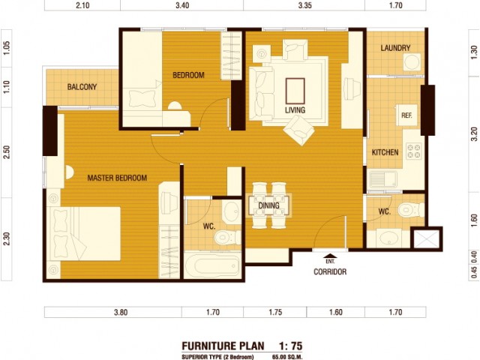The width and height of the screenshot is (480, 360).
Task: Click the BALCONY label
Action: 82,87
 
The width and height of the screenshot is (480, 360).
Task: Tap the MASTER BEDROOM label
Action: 117,178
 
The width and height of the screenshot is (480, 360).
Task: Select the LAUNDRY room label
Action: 395,48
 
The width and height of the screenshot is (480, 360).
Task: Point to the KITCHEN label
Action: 385,152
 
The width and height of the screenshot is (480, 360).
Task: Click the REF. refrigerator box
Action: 406,115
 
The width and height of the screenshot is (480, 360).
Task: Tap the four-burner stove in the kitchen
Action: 413,151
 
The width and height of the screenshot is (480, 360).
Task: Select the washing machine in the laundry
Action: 412,62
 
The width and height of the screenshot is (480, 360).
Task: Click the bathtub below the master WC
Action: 212,265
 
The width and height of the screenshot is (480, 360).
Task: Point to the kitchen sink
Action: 383,179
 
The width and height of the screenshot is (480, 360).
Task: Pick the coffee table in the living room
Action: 295,91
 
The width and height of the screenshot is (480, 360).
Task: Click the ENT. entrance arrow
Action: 330,256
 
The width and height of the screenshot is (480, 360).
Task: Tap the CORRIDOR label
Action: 330,271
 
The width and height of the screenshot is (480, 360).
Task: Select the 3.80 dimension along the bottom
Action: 121,312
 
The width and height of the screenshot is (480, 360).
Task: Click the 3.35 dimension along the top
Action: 305,5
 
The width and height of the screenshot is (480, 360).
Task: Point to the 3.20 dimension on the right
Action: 474,134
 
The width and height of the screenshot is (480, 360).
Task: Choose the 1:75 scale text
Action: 290,346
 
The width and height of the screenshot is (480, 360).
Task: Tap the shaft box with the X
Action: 427,238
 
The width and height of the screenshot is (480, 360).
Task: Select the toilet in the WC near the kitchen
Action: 410,210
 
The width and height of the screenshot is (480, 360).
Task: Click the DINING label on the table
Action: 268,205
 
